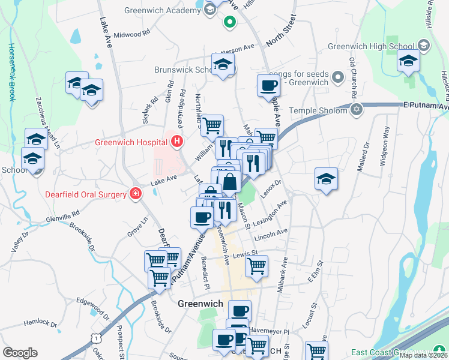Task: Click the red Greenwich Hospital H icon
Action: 177,142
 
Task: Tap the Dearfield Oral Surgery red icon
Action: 136,194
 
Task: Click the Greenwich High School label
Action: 370,46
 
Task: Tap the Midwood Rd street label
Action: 131,34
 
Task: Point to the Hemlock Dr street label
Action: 40,323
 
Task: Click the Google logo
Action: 20,353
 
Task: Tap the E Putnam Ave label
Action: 426,106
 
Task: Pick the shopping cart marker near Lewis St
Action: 256,265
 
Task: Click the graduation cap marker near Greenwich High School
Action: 408,61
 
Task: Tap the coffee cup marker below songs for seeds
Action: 268,85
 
